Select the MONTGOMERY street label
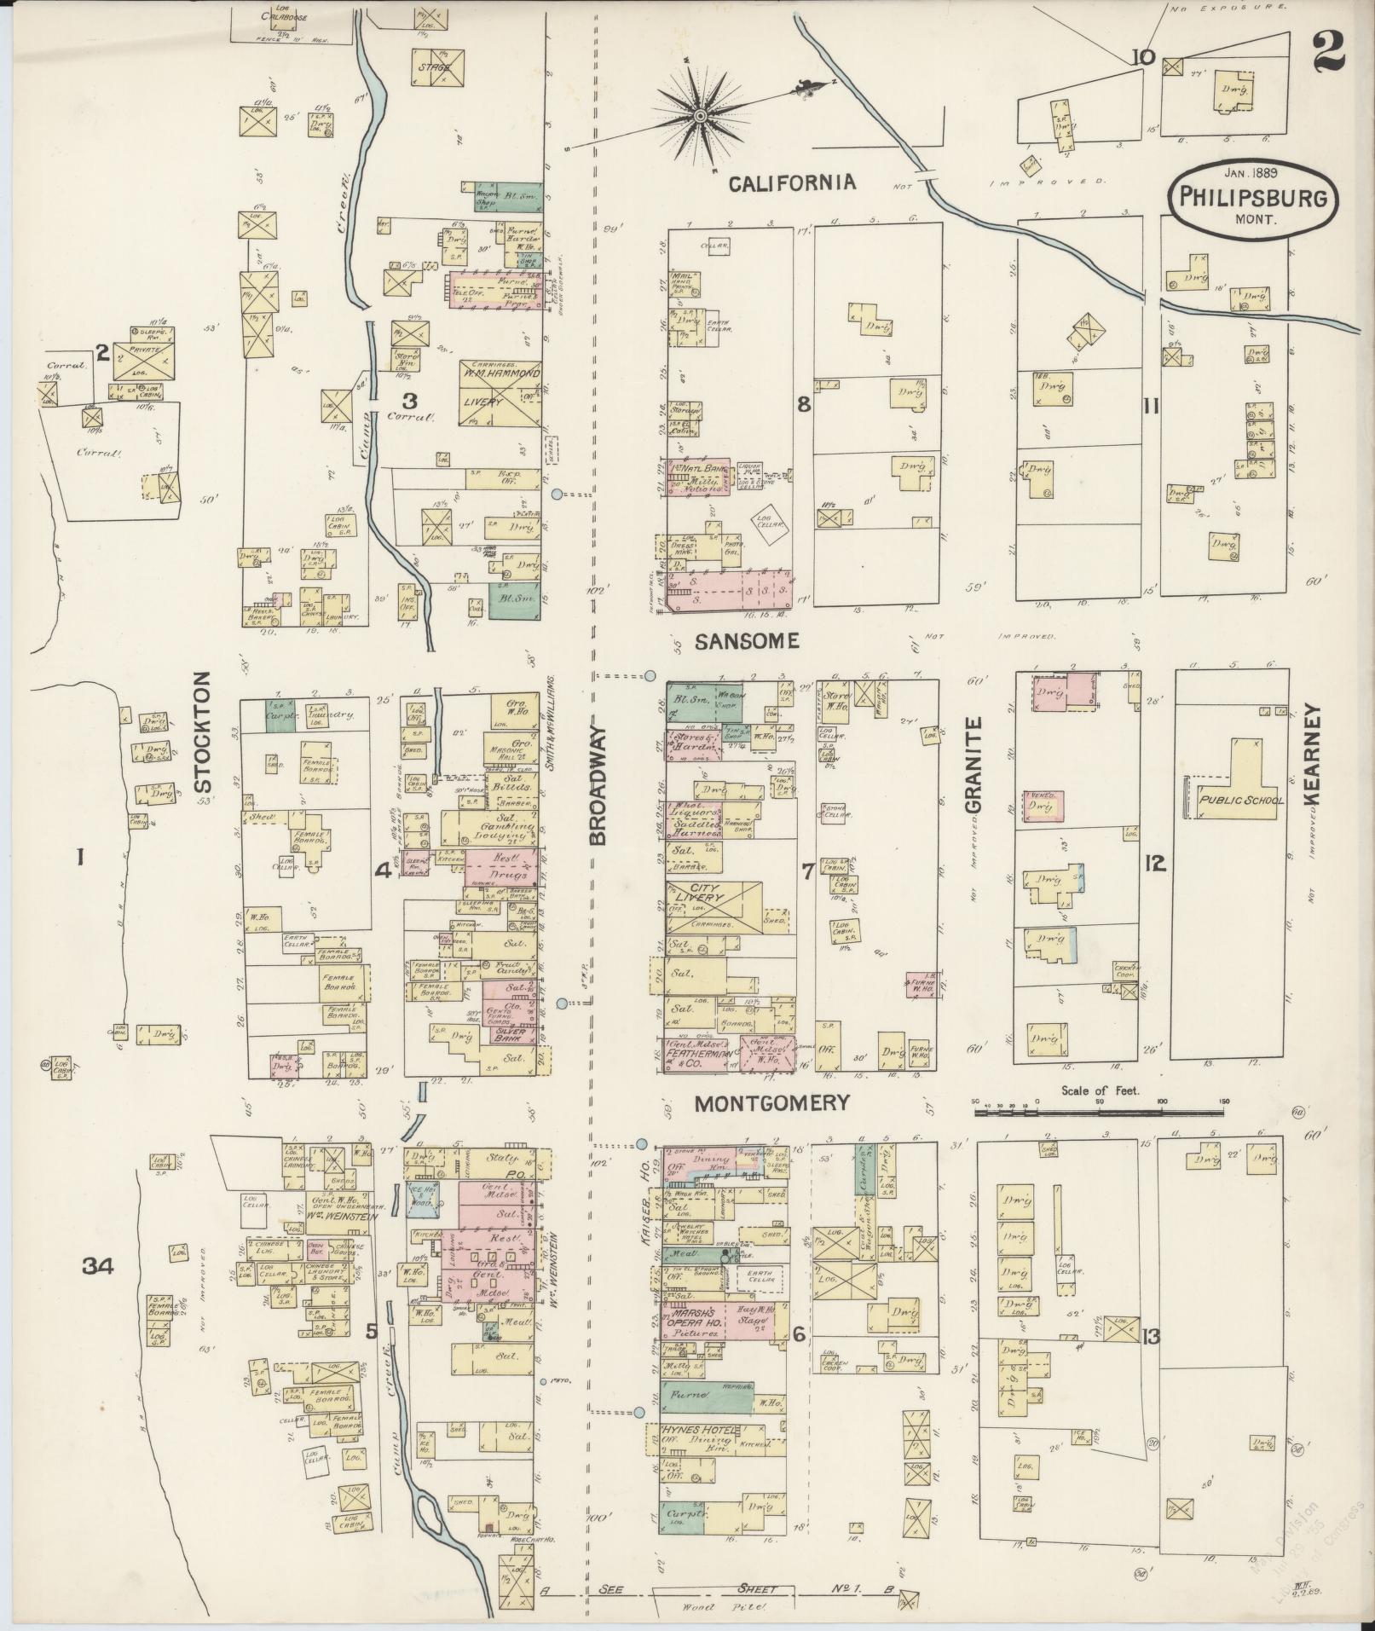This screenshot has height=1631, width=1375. pos(771,1103)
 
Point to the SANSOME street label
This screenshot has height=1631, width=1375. pos(746,642)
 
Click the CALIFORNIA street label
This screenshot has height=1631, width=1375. pos(792,182)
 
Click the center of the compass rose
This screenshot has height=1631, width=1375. pos(699,115)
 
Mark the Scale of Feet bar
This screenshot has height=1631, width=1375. pos(1100,1112)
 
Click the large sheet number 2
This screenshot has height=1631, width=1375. pos(1327,32)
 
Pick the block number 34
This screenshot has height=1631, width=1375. pos(100,1265)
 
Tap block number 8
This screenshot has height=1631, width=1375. pos(803,405)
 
